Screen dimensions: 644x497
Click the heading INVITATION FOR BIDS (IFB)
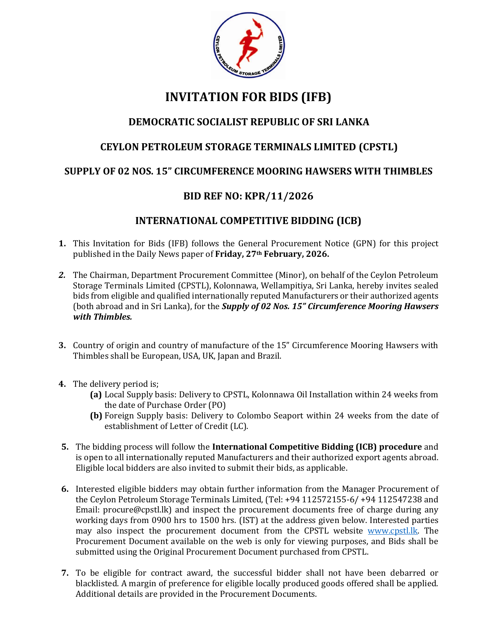[x=248, y=97]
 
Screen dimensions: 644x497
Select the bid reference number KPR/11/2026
[x=279, y=196]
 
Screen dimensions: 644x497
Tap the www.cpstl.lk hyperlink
[x=393, y=531]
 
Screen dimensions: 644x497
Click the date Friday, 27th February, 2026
[x=272, y=254]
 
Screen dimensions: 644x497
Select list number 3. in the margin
[x=62, y=345]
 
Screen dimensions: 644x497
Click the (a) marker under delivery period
[x=96, y=395]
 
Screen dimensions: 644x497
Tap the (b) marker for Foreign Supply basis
[x=96, y=416]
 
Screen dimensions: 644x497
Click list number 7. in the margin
[x=65, y=573]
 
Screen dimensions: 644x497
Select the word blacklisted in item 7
[x=96, y=584]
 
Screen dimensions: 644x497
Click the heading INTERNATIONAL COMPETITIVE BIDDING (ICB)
[x=248, y=221]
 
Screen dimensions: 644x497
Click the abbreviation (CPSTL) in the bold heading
[x=378, y=147]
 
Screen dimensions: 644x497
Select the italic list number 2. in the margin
[x=62, y=275]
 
